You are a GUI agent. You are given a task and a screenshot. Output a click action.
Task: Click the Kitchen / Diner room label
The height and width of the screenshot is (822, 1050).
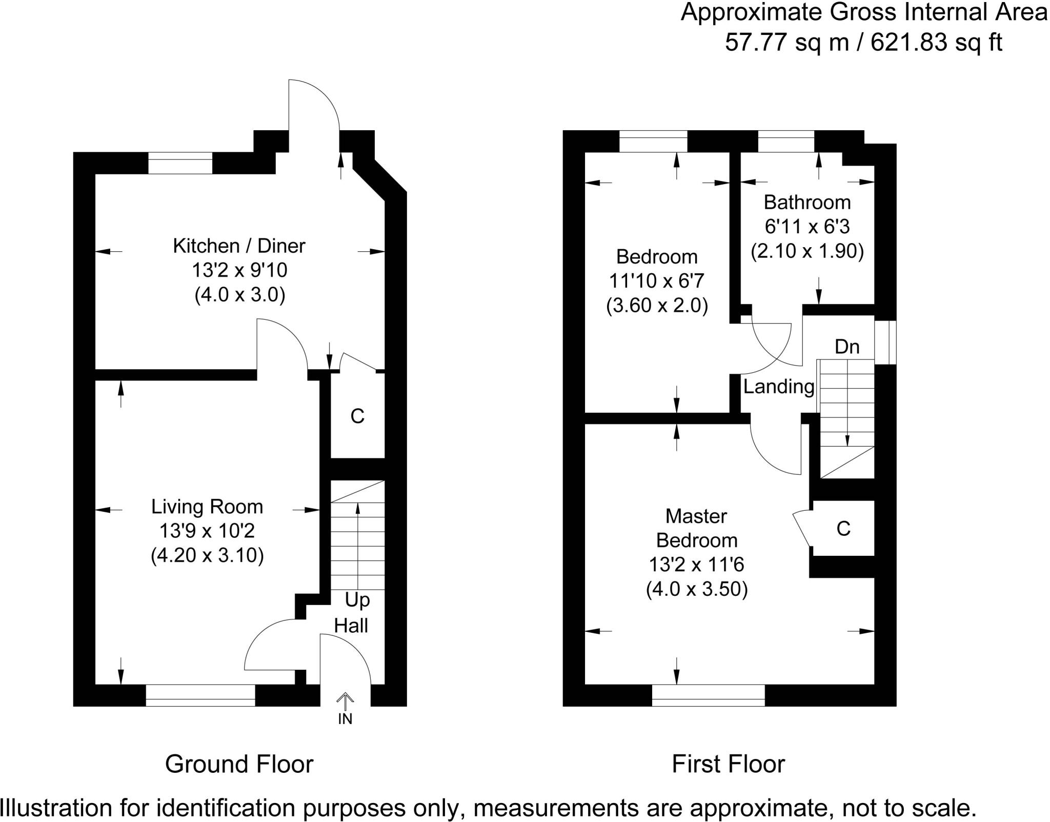(239, 246)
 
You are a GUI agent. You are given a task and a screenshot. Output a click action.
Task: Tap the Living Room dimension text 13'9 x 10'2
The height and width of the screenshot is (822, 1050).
(207, 531)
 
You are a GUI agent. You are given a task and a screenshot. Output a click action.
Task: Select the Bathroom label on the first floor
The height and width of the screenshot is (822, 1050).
(807, 203)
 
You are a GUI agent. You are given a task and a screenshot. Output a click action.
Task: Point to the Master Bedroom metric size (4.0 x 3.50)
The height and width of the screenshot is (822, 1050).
(697, 589)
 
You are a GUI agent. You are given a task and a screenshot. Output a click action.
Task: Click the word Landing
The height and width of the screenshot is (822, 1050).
(779, 387)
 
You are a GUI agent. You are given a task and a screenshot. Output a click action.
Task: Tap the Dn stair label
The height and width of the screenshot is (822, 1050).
(847, 347)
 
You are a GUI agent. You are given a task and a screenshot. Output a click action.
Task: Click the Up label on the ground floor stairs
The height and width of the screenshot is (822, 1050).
(357, 600)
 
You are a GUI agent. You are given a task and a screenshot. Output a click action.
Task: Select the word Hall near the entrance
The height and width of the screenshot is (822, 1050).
(351, 626)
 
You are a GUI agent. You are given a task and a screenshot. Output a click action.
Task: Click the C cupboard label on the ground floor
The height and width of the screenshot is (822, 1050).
(357, 416)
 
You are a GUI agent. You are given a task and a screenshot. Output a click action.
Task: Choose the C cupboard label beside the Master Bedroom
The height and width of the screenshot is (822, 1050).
(843, 528)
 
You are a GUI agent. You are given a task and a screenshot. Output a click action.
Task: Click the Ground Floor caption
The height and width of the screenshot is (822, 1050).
(239, 764)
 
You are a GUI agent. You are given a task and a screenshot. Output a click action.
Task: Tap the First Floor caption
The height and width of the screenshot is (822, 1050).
(728, 764)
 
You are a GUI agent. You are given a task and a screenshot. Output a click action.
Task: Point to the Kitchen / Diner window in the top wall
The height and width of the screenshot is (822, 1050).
(180, 163)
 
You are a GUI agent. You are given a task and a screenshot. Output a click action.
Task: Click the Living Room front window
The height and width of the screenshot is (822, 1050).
(200, 695)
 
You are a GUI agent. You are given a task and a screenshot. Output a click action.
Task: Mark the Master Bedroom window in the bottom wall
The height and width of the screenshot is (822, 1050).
(709, 695)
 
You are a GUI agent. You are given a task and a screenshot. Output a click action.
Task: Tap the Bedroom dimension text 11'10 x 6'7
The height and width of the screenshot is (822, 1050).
(657, 281)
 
